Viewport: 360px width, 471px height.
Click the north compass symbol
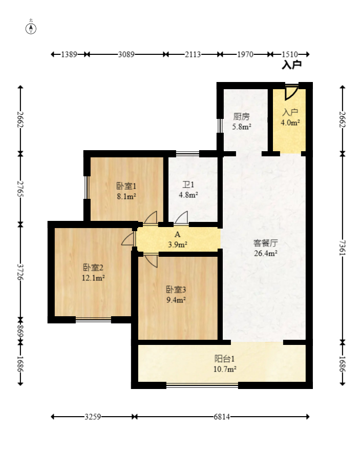point(31,29)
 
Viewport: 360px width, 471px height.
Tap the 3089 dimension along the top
point(126,54)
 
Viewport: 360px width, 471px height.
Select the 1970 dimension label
point(245,54)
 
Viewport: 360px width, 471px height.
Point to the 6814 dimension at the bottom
point(222,417)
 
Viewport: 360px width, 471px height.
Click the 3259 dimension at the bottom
point(93,417)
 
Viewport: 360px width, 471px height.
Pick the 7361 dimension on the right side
point(343,248)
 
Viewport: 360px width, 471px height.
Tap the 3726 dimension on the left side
point(20,272)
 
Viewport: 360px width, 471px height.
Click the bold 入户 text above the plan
point(291,65)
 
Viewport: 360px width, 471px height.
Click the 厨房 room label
point(241,116)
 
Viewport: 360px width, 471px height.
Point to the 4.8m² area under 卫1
point(188,195)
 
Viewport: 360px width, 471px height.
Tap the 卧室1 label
point(126,186)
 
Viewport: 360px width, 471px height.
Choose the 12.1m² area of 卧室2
point(93,278)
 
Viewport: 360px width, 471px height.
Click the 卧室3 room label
point(176,290)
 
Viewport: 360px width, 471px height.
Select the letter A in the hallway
point(178,234)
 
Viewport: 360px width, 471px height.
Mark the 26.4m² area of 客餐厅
point(265,253)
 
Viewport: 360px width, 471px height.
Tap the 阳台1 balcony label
point(225,359)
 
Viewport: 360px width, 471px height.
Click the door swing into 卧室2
point(128,239)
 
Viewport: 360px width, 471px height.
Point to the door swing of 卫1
point(181,217)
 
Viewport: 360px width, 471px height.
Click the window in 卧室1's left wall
point(87,187)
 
